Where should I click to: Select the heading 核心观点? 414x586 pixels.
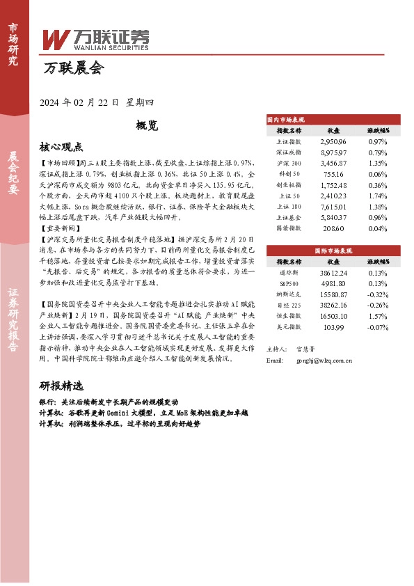click(61, 148)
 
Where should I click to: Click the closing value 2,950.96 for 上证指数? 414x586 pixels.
click(333, 141)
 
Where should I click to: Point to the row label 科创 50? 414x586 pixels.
click(289, 174)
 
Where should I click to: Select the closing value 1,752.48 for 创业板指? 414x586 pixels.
click(333, 185)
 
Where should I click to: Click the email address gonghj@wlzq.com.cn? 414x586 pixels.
click(324, 361)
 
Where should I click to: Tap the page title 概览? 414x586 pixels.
click(148, 126)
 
